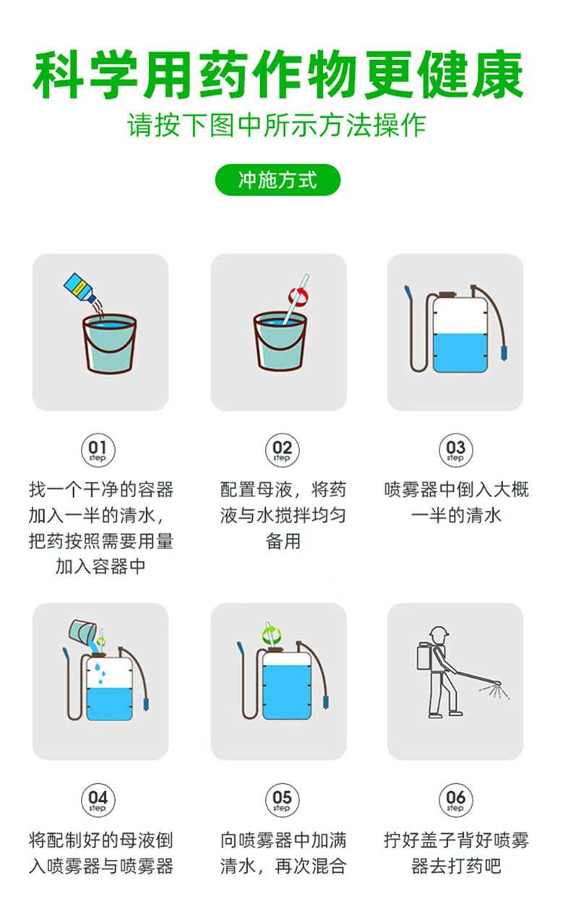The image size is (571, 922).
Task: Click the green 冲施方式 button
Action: (x=278, y=180)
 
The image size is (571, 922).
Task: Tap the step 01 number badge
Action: (x=98, y=450)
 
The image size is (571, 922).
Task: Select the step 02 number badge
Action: (x=282, y=450)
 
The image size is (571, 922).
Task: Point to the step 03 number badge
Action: (x=456, y=450)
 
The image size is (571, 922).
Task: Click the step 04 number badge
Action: (x=98, y=800)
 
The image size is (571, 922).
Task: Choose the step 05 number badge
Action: (x=282, y=800)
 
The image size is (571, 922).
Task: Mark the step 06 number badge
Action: (x=456, y=800)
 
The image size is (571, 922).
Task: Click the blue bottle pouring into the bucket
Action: (x=80, y=288)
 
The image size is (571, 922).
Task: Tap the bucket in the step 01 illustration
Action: (x=110, y=344)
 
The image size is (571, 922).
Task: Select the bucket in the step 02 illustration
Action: (x=280, y=341)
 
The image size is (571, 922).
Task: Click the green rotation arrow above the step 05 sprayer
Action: (x=272, y=635)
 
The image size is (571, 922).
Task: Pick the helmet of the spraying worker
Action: (x=439, y=633)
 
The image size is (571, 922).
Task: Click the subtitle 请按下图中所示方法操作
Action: (x=277, y=125)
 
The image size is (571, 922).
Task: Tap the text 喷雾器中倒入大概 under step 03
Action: (x=456, y=490)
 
